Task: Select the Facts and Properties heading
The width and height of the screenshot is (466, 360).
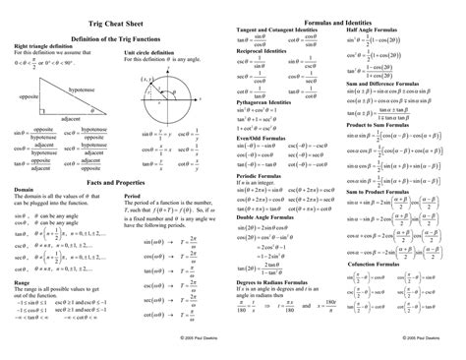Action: [115, 184]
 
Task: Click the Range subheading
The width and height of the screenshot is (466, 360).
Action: [22, 279]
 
